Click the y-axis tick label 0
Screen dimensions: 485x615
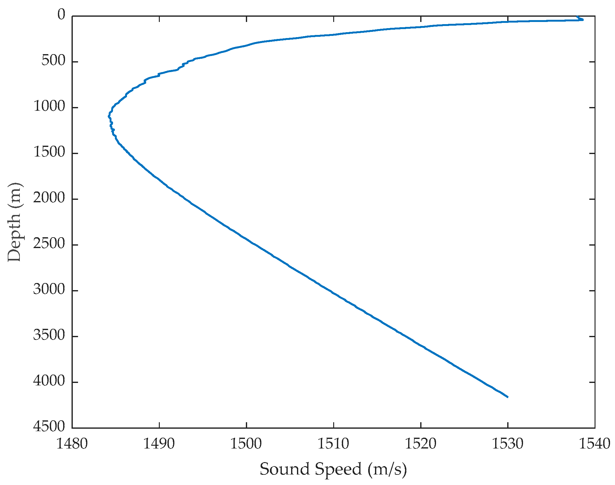(62, 15)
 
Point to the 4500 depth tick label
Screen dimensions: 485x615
(50, 427)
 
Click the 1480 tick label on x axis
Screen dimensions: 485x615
(72, 444)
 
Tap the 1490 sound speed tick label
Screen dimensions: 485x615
(159, 444)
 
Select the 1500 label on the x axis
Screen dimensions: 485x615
(246, 444)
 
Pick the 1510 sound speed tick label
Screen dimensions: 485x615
(334, 444)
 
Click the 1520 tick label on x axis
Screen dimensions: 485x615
(421, 444)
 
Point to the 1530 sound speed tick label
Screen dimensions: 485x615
(508, 444)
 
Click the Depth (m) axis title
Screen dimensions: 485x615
(15, 222)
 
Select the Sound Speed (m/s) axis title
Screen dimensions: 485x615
(333, 469)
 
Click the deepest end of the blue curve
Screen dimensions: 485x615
(507, 397)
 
